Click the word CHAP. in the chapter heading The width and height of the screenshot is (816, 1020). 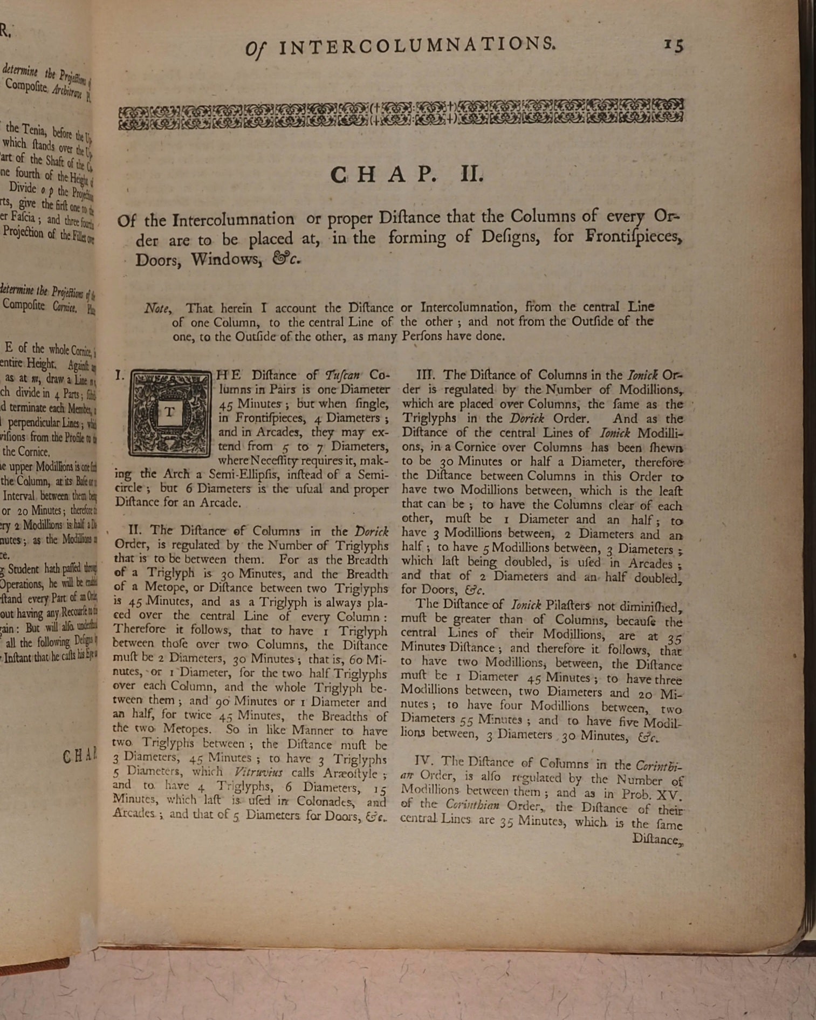click(382, 175)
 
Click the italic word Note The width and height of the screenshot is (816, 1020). click(157, 309)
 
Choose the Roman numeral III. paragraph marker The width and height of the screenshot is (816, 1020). click(427, 374)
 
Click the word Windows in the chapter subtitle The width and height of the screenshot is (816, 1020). click(225, 259)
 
